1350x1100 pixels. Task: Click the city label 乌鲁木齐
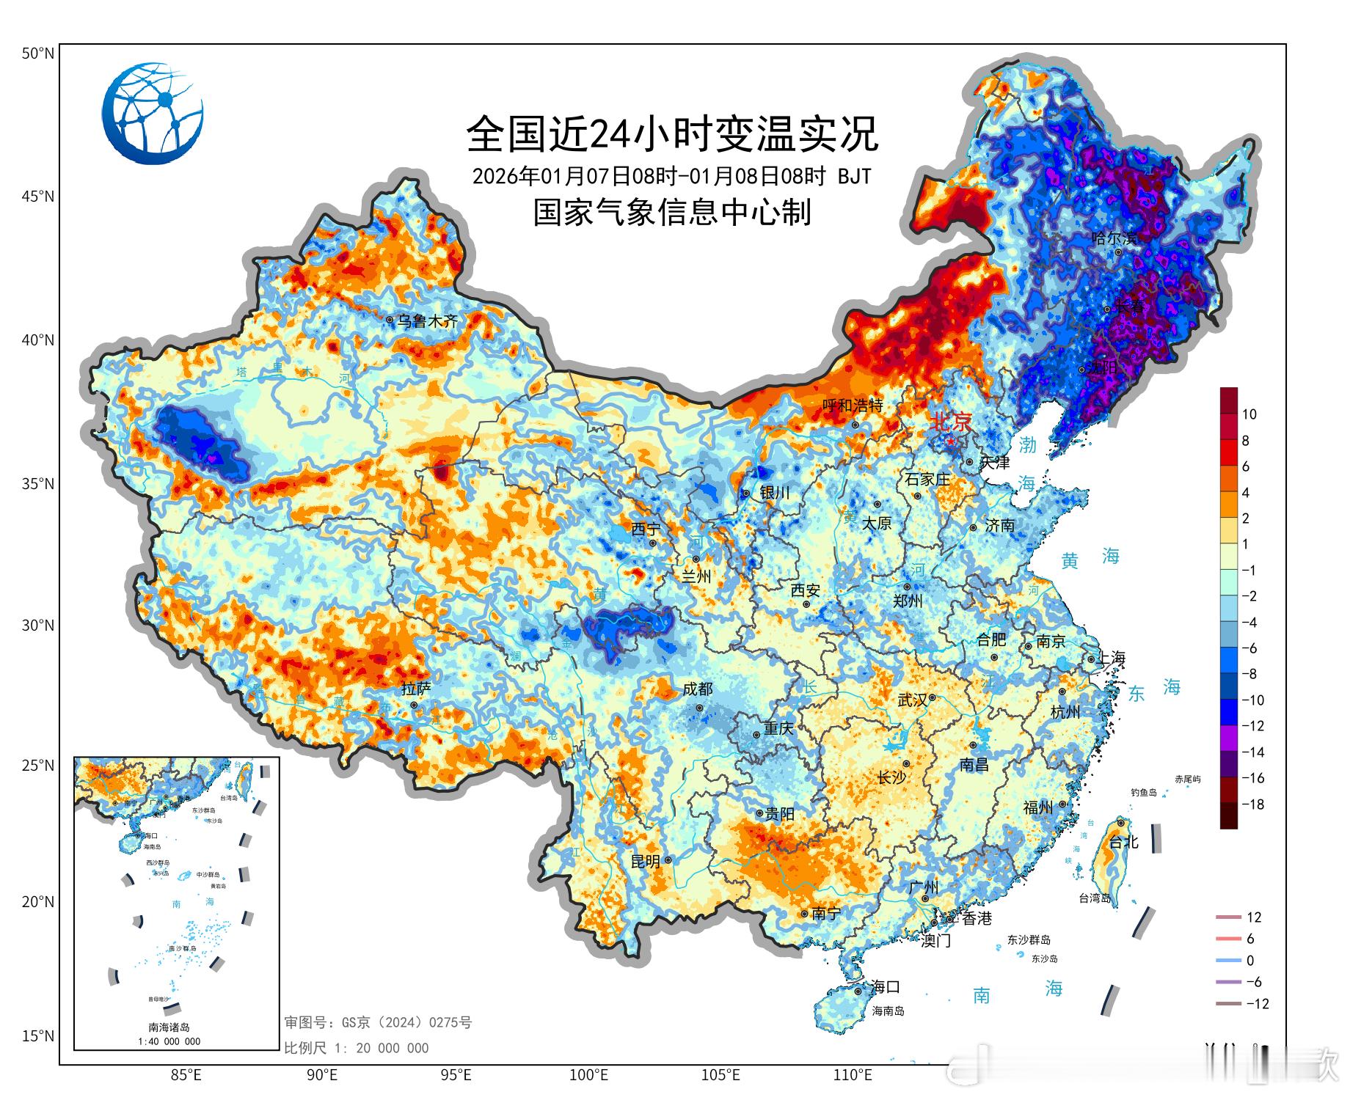coord(427,320)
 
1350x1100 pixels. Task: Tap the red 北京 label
coord(951,422)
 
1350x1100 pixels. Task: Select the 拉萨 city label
coord(416,689)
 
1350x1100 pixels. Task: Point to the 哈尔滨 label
coord(1114,238)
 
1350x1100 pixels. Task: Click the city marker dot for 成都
coord(700,708)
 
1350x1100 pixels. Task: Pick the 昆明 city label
coord(645,862)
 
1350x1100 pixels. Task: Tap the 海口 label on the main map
coord(886,987)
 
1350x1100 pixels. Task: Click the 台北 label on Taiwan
coord(1123,842)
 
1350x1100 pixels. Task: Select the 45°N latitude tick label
coord(37,197)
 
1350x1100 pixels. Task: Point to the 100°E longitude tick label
coord(588,1076)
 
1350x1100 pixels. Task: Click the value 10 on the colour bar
coord(1249,414)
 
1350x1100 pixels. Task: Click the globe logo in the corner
coord(153,114)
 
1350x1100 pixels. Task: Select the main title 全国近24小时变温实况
coord(672,133)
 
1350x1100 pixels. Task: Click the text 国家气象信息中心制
coord(672,213)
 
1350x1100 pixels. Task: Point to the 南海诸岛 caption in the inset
coord(169,1027)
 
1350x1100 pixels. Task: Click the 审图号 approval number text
coord(378,1022)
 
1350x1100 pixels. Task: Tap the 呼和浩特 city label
coord(852,406)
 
